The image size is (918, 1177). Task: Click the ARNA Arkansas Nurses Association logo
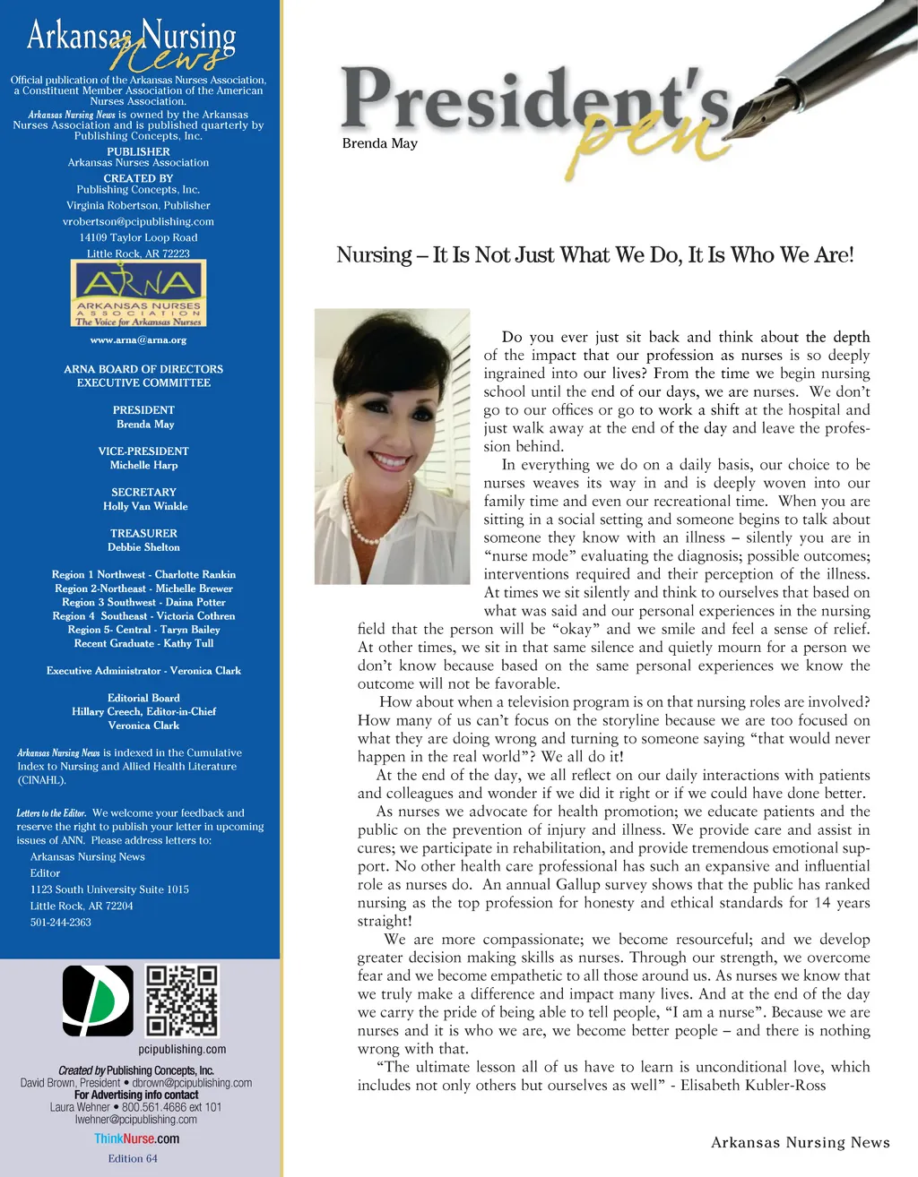tap(138, 293)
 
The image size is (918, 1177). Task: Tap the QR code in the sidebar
tap(182, 1000)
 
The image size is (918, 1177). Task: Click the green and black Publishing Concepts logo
tap(98, 1001)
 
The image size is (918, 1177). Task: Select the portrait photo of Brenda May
tap(392, 445)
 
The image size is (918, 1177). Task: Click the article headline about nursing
tap(595, 255)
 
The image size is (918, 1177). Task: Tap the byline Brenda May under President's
tap(379, 143)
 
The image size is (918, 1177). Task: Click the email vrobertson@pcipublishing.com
tap(138, 221)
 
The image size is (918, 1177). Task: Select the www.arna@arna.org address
tap(138, 340)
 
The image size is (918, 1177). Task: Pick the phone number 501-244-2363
tap(60, 922)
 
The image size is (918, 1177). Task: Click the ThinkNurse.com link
tap(136, 1138)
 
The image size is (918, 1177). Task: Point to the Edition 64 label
tap(132, 1158)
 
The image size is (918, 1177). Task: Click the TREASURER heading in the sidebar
tap(143, 533)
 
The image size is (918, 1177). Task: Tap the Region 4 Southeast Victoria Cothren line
tap(143, 616)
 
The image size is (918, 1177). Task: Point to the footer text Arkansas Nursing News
tap(800, 1142)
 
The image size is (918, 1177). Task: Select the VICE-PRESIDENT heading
tap(143, 451)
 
